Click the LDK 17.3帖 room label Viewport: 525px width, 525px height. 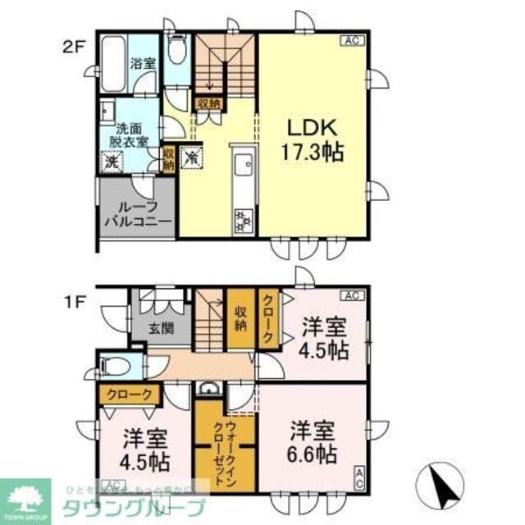[x=313, y=139]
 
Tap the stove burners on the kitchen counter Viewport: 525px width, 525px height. [x=244, y=217]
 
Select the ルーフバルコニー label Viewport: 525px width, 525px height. [x=136, y=213]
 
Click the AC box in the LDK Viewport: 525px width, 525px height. [x=349, y=40]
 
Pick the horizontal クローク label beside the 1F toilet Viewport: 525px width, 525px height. [x=129, y=395]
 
